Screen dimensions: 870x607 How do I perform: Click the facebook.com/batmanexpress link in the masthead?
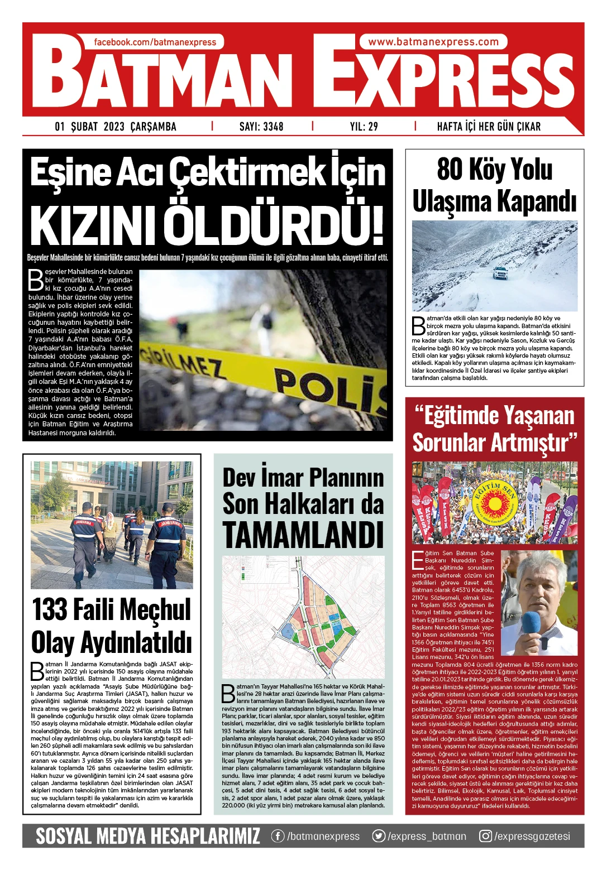tap(155, 42)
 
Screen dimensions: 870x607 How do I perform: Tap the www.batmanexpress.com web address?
tap(433, 42)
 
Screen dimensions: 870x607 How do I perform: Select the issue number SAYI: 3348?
tap(261, 127)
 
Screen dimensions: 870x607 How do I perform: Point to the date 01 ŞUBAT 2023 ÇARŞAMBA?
tap(116, 127)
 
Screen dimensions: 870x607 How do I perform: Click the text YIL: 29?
tap(364, 127)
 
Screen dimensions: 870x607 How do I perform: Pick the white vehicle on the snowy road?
tap(500, 273)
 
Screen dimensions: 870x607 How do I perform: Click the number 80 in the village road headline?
tap(451, 170)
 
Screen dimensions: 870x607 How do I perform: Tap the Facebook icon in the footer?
tap(278, 836)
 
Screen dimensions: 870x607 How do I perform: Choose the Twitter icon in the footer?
tap(379, 836)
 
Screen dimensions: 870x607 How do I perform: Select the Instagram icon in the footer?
tap(486, 836)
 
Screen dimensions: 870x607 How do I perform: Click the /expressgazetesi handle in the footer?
tap(532, 836)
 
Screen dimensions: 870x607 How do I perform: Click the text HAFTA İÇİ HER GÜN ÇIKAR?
tap(489, 127)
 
